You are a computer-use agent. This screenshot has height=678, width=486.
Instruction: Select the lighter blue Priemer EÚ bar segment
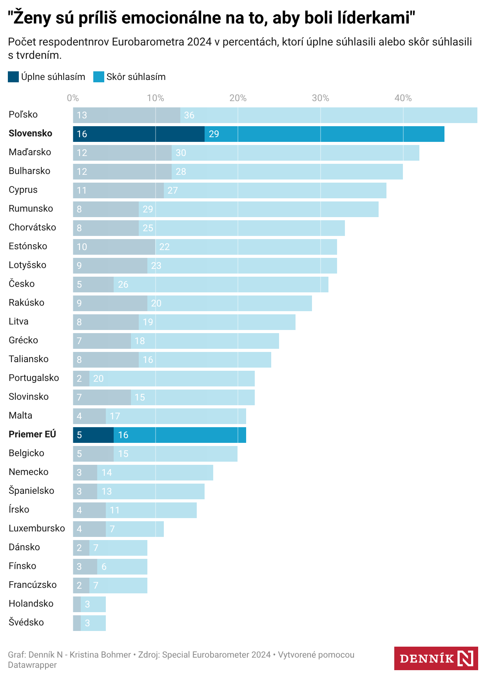pos(180,435)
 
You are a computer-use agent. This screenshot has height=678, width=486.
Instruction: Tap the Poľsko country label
pos(23,114)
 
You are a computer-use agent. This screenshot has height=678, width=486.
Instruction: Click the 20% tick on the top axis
pos(238,98)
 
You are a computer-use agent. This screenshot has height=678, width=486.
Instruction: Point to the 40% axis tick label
pos(403,98)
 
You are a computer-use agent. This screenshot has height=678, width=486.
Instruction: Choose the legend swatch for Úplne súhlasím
pos(13,77)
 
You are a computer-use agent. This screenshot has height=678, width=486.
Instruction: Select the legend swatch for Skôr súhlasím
pos(99,77)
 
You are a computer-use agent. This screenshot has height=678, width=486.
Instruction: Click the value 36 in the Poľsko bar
pos(189,115)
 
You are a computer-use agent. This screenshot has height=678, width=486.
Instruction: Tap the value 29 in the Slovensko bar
pos(214,134)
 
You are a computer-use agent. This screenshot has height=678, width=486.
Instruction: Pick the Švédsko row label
pos(26,622)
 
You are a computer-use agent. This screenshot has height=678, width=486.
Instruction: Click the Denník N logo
pos(436,658)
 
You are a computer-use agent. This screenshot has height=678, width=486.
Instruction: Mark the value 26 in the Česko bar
pos(123,285)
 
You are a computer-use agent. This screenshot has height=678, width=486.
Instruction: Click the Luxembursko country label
pos(37,528)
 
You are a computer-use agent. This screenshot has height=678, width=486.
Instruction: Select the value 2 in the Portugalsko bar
pos(79,379)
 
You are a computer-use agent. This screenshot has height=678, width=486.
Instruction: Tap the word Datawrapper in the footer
pos(33,665)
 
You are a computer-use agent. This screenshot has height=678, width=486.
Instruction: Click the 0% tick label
pos(73,98)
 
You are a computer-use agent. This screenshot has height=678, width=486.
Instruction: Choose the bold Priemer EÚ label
pos(33,434)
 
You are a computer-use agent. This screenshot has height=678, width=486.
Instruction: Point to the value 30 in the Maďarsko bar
pos(181,153)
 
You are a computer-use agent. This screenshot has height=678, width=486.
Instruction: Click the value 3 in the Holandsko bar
pos(87,604)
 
